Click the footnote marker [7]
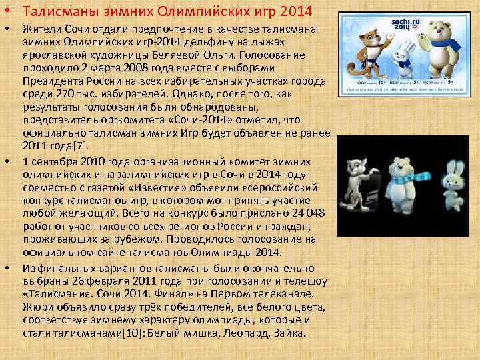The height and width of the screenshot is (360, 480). coord(81,145)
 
